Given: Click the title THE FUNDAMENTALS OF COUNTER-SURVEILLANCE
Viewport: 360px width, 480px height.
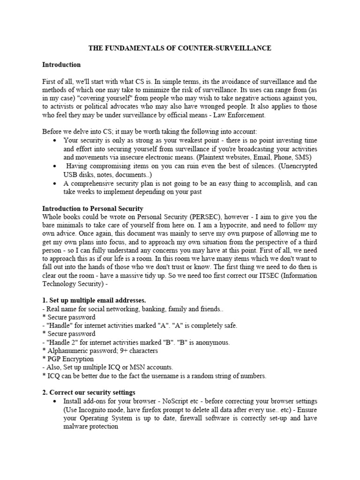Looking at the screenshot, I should pyautogui.click(x=180, y=48).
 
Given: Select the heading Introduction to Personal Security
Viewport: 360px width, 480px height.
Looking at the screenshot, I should pyautogui.click(x=93, y=208).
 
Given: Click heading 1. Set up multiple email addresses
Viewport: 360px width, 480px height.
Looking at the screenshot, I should pyautogui.click(x=94, y=300).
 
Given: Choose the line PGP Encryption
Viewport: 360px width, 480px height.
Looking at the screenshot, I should pyautogui.click(x=70, y=359).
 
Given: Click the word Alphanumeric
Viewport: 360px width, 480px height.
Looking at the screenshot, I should pyautogui.click(x=68, y=351).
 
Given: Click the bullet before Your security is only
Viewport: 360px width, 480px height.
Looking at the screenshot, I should pyautogui.click(x=56, y=141).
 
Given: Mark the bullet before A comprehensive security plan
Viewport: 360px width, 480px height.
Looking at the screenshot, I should pyautogui.click(x=56, y=183).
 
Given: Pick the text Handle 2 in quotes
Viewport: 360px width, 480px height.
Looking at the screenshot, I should pyautogui.click(x=60, y=342).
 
